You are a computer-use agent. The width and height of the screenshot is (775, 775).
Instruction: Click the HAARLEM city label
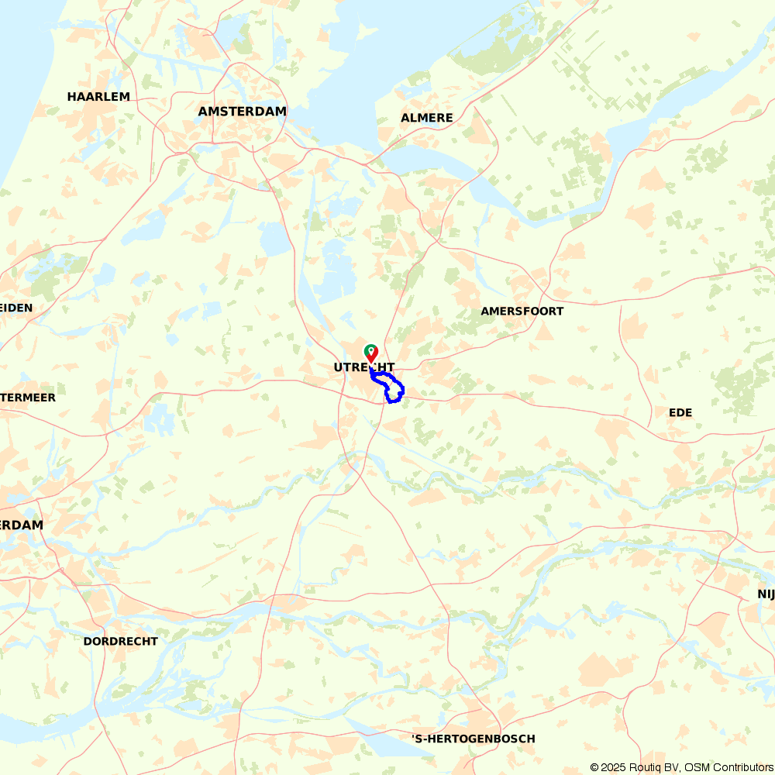98,97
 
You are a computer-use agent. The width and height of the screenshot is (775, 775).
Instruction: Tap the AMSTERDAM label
242,112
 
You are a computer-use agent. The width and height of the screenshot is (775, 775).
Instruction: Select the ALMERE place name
426,118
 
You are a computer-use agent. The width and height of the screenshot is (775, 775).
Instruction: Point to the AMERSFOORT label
522,312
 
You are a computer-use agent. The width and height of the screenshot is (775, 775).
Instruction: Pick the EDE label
680,412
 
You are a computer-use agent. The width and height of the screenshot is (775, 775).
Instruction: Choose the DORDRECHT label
120,642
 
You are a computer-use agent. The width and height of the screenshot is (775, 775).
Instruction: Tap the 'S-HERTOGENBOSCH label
473,739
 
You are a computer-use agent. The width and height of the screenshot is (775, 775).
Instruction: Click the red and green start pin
371,353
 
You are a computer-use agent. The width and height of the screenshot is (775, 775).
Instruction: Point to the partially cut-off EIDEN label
16,308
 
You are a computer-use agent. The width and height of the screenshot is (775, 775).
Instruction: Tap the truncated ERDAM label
22,525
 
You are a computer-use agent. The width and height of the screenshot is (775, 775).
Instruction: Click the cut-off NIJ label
766,594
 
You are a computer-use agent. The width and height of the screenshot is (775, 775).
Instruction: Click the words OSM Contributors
728,767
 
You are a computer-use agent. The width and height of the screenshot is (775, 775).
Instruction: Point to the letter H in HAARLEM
72,97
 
